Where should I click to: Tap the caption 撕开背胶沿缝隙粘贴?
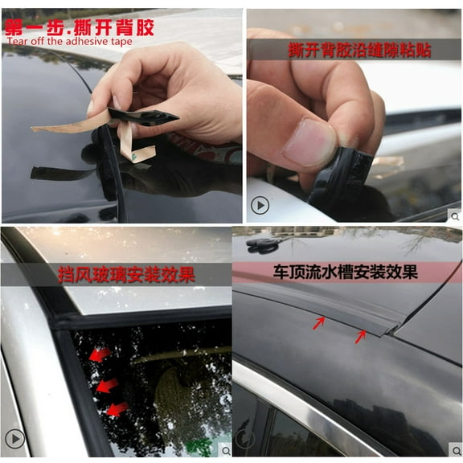(359, 50)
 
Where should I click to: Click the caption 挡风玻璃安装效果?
(125, 275)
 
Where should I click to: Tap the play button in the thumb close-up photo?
(260, 205)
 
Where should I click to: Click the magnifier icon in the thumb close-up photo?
(454, 215)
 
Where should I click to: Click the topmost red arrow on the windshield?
(99, 354)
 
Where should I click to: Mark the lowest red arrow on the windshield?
(117, 409)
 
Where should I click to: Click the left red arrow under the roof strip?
(319, 324)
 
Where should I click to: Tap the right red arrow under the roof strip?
(361, 335)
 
